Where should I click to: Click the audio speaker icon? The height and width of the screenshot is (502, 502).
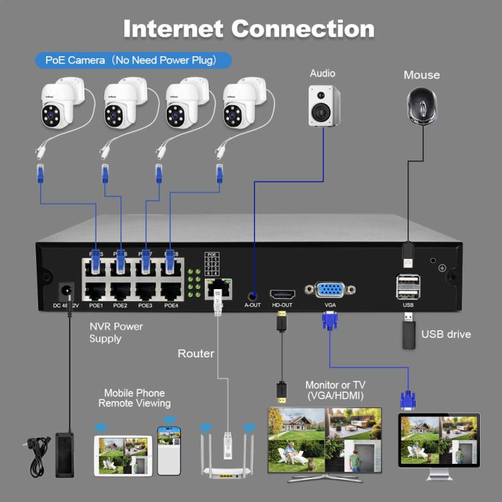(x=323, y=106)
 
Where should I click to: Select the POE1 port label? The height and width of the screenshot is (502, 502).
(x=96, y=305)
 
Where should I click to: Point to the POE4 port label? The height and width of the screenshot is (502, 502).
(x=171, y=305)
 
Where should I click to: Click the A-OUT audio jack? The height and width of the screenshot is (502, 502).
(x=252, y=294)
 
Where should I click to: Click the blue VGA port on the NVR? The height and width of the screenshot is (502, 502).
(x=330, y=290)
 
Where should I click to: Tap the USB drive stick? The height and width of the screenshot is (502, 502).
(x=408, y=333)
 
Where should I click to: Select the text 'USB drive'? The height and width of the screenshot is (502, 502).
(x=446, y=334)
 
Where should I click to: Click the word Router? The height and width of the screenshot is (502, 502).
(x=195, y=353)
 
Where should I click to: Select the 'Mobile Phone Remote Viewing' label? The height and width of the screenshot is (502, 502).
(x=134, y=398)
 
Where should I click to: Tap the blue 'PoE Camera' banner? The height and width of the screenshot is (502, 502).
(x=133, y=60)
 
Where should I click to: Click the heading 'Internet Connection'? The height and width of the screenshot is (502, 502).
(x=248, y=29)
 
